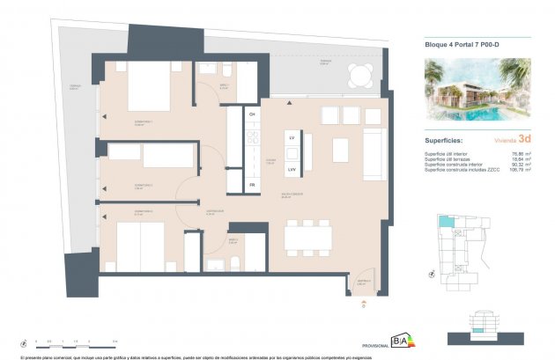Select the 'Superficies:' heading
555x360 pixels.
[446, 139]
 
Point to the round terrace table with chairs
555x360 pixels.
[359, 76]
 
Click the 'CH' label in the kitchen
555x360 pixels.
[252, 115]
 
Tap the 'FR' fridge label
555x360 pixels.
[252, 186]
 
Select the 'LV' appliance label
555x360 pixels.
[292, 137]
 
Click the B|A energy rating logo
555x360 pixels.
[399, 342]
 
